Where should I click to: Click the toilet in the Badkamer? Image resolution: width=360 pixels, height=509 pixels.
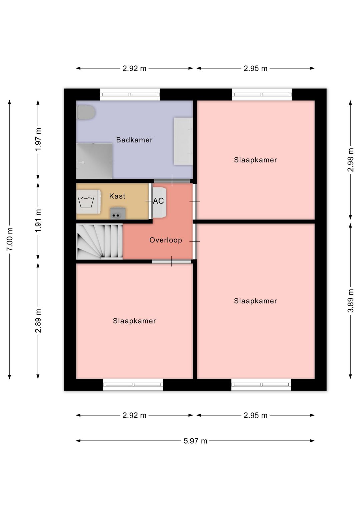point(86,112)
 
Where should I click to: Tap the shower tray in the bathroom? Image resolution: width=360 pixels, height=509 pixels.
point(94,161)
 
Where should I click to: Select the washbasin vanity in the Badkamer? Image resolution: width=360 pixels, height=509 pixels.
point(183,141)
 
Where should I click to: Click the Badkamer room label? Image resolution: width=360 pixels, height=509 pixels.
point(134,140)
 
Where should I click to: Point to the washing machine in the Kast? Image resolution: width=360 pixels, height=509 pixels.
point(89,202)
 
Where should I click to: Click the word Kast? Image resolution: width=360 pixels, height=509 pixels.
point(117,196)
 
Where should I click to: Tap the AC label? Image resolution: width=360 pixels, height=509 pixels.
point(158,201)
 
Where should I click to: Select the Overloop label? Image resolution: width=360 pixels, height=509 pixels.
point(166,240)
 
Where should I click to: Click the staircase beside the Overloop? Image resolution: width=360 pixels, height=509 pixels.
point(99,241)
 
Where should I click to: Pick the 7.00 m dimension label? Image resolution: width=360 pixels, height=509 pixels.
point(10,239)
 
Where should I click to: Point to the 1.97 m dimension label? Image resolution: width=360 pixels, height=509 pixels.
point(38,139)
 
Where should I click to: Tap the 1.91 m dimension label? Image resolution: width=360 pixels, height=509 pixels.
point(38,221)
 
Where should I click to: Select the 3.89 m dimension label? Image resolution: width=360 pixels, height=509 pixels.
point(351,301)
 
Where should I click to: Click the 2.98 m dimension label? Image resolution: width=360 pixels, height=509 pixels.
point(351,160)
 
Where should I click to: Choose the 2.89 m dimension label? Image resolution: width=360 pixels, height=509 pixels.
point(38,321)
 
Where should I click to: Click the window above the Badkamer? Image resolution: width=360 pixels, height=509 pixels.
point(130,94)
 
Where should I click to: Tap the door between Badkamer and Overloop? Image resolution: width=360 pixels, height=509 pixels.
point(172,181)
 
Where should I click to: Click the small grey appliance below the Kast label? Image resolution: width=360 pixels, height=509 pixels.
point(118,213)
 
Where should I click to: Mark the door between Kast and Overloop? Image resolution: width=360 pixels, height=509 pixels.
point(151,201)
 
